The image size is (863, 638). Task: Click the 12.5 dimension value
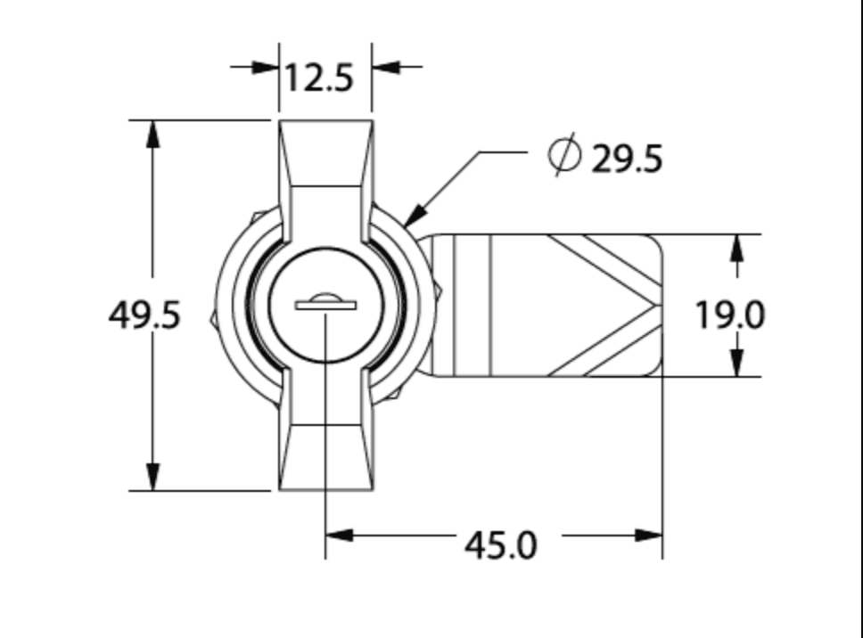coord(319,78)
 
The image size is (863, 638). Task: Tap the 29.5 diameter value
coord(627,159)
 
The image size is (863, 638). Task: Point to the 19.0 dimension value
coord(729,315)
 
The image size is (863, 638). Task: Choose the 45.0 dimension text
coord(501,544)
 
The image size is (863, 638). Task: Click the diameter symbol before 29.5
coord(563,157)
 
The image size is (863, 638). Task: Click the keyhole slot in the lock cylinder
coord(325,305)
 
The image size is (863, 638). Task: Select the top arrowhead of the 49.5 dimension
coord(153,134)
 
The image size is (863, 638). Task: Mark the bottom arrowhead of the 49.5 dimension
coord(153,477)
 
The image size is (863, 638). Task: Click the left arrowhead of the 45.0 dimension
coord(340,536)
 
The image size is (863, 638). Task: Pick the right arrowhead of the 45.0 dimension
coord(648,536)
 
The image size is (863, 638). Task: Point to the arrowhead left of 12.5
coord(266,67)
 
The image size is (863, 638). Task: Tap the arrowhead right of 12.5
coord(385,67)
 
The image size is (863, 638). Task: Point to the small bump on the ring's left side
coord(212,315)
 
